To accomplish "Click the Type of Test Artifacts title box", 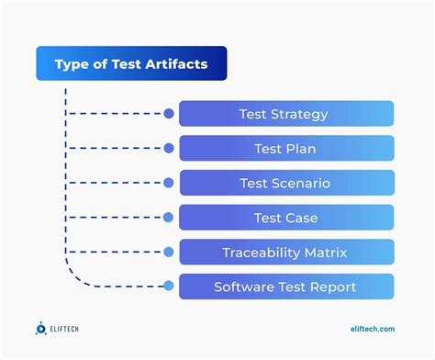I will click(131, 64).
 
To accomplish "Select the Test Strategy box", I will click(286, 114).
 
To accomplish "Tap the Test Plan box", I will click(286, 149).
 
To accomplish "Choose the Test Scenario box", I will click(286, 183).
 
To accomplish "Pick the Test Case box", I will click(286, 218).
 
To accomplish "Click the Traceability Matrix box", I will click(286, 252).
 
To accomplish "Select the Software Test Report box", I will click(286, 287).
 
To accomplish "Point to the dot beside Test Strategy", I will click(169, 114).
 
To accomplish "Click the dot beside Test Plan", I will click(169, 149).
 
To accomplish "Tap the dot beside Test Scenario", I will click(169, 183).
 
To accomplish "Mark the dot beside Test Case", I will click(169, 218).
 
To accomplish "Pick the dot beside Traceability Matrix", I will click(169, 252).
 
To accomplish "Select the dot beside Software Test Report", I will click(169, 287).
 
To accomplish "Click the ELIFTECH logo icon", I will click(42, 328).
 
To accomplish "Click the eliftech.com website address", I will click(373, 329).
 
